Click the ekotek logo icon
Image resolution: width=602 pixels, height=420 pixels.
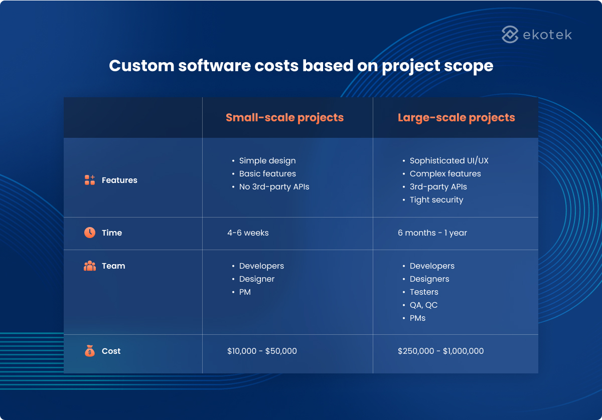(510, 35)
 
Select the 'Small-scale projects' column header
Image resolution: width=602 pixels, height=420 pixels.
(284, 118)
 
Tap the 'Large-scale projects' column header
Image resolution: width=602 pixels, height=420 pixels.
(456, 118)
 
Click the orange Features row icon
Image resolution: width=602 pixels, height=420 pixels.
(90, 180)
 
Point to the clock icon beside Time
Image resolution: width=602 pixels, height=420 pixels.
(90, 233)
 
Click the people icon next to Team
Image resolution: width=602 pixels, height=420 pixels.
(90, 266)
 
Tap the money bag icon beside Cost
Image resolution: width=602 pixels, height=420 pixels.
(90, 351)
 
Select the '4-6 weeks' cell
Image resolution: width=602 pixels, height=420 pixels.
(248, 233)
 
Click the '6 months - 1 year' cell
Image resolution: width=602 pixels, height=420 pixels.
(432, 233)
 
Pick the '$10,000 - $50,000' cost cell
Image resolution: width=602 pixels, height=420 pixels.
(262, 351)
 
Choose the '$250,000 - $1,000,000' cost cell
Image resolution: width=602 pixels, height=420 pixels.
(440, 351)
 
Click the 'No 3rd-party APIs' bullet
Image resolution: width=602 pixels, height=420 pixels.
(274, 187)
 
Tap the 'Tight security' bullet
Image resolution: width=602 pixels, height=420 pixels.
(436, 200)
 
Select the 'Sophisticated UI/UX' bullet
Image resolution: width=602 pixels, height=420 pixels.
(448, 161)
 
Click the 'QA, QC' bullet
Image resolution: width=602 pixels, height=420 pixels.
(423, 305)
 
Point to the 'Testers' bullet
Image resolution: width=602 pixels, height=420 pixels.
(424, 292)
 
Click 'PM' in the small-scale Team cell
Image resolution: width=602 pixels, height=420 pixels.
(245, 292)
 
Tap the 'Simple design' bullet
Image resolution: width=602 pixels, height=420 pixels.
(267, 161)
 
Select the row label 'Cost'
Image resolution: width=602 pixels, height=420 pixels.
(111, 351)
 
